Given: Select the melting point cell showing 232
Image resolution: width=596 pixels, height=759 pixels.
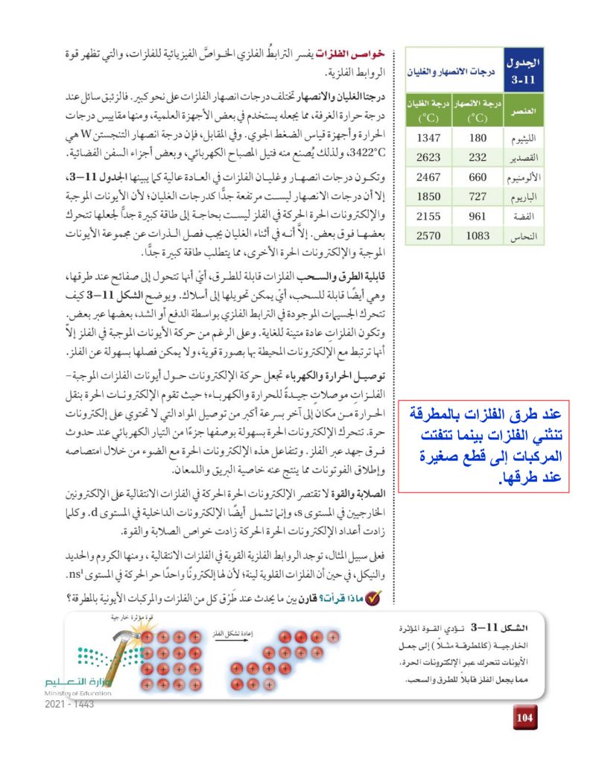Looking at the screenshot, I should point(477,157).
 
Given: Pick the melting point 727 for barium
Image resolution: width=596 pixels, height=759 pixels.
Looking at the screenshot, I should point(477,197).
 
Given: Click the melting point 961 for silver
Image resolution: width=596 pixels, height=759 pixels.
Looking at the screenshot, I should point(477,216).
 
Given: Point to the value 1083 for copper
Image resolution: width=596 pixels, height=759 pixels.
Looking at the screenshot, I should point(477,236).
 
